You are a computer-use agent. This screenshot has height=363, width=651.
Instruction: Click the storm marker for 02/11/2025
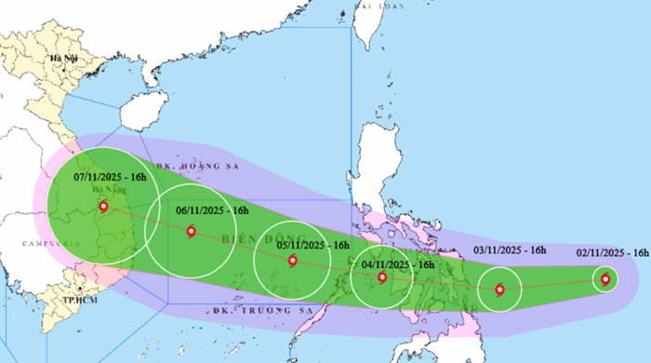pyautogui.click(x=605, y=278)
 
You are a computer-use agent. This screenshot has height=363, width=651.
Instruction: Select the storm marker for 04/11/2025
pyautogui.click(x=381, y=276)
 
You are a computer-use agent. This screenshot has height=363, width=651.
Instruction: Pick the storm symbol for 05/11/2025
pyautogui.click(x=293, y=262)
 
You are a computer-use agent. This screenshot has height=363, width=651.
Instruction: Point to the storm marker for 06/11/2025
pyautogui.click(x=192, y=232)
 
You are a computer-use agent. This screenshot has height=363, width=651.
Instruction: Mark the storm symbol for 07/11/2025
pyautogui.click(x=102, y=207)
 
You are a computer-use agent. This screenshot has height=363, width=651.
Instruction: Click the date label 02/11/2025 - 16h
pyautogui.click(x=612, y=252)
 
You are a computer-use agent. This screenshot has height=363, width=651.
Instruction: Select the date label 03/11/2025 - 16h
pyautogui.click(x=510, y=250)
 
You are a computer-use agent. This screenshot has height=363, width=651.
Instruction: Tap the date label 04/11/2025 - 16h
pyautogui.click(x=399, y=265)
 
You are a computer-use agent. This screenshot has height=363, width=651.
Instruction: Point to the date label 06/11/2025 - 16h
pyautogui.click(x=212, y=211)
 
